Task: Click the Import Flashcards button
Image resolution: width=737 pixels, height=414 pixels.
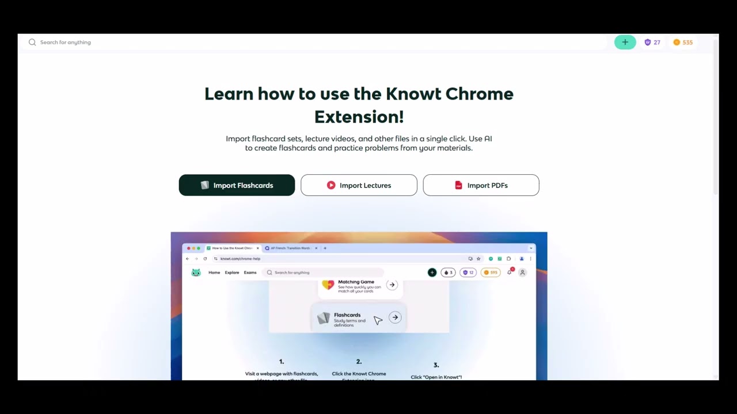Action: [237, 185]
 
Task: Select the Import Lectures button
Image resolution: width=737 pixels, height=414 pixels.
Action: [359, 185]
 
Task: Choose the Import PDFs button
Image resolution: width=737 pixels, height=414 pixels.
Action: [481, 185]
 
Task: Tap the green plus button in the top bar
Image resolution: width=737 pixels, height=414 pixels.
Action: [625, 42]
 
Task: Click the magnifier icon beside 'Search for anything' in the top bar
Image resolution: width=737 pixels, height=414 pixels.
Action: [32, 42]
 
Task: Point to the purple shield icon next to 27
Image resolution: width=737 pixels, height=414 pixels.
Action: [648, 42]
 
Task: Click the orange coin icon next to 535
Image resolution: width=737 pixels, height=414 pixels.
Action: [677, 42]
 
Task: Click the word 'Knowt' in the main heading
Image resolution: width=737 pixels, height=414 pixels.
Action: [413, 94]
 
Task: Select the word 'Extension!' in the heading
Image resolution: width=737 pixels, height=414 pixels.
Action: [359, 117]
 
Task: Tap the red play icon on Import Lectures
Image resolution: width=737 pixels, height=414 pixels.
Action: [331, 185]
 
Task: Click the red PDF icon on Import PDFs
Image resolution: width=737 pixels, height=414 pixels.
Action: [458, 185]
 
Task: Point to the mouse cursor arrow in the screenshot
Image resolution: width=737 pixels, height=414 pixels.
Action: [378, 320]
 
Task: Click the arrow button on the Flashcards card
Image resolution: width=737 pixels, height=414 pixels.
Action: [395, 317]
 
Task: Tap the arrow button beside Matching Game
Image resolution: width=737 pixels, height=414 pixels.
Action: [392, 285]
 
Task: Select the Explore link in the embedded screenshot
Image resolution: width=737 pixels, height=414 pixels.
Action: [232, 273]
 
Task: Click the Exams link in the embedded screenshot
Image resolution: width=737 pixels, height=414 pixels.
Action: [250, 273]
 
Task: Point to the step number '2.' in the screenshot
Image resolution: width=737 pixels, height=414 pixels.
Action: [359, 362]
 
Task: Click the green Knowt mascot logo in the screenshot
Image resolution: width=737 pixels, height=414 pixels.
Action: [196, 273]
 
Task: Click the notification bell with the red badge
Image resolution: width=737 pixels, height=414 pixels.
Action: [510, 272]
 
